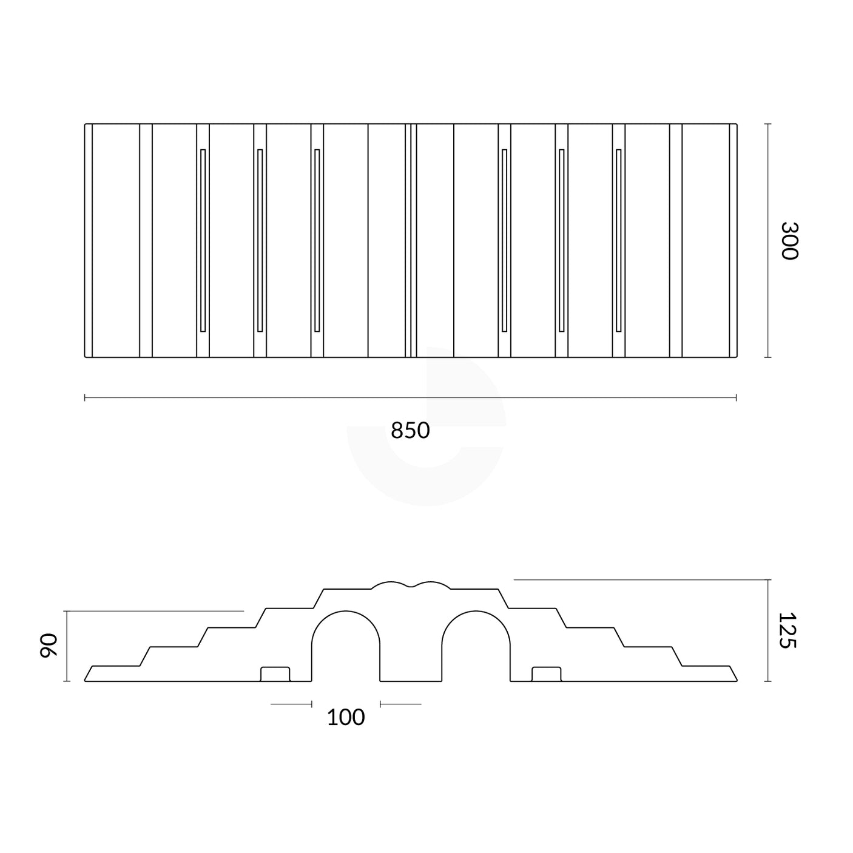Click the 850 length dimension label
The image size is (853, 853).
(410, 430)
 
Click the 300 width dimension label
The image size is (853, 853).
(789, 240)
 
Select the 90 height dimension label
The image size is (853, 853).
(47, 646)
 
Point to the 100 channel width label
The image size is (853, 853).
(346, 717)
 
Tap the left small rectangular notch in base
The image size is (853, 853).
(275, 674)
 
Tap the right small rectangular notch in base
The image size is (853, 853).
(546, 674)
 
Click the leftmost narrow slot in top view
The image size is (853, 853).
(203, 240)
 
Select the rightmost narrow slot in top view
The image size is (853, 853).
(618, 240)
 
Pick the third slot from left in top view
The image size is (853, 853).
(317, 240)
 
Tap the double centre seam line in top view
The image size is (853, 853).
(411, 240)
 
